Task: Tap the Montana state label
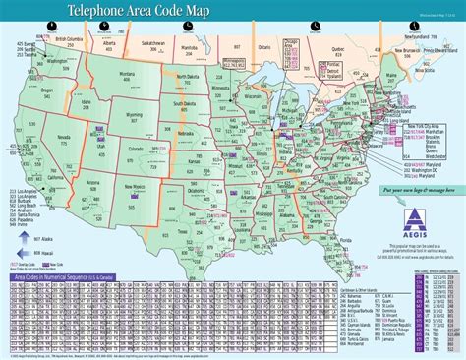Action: click(x=127, y=74)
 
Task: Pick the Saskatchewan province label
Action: click(x=153, y=44)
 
